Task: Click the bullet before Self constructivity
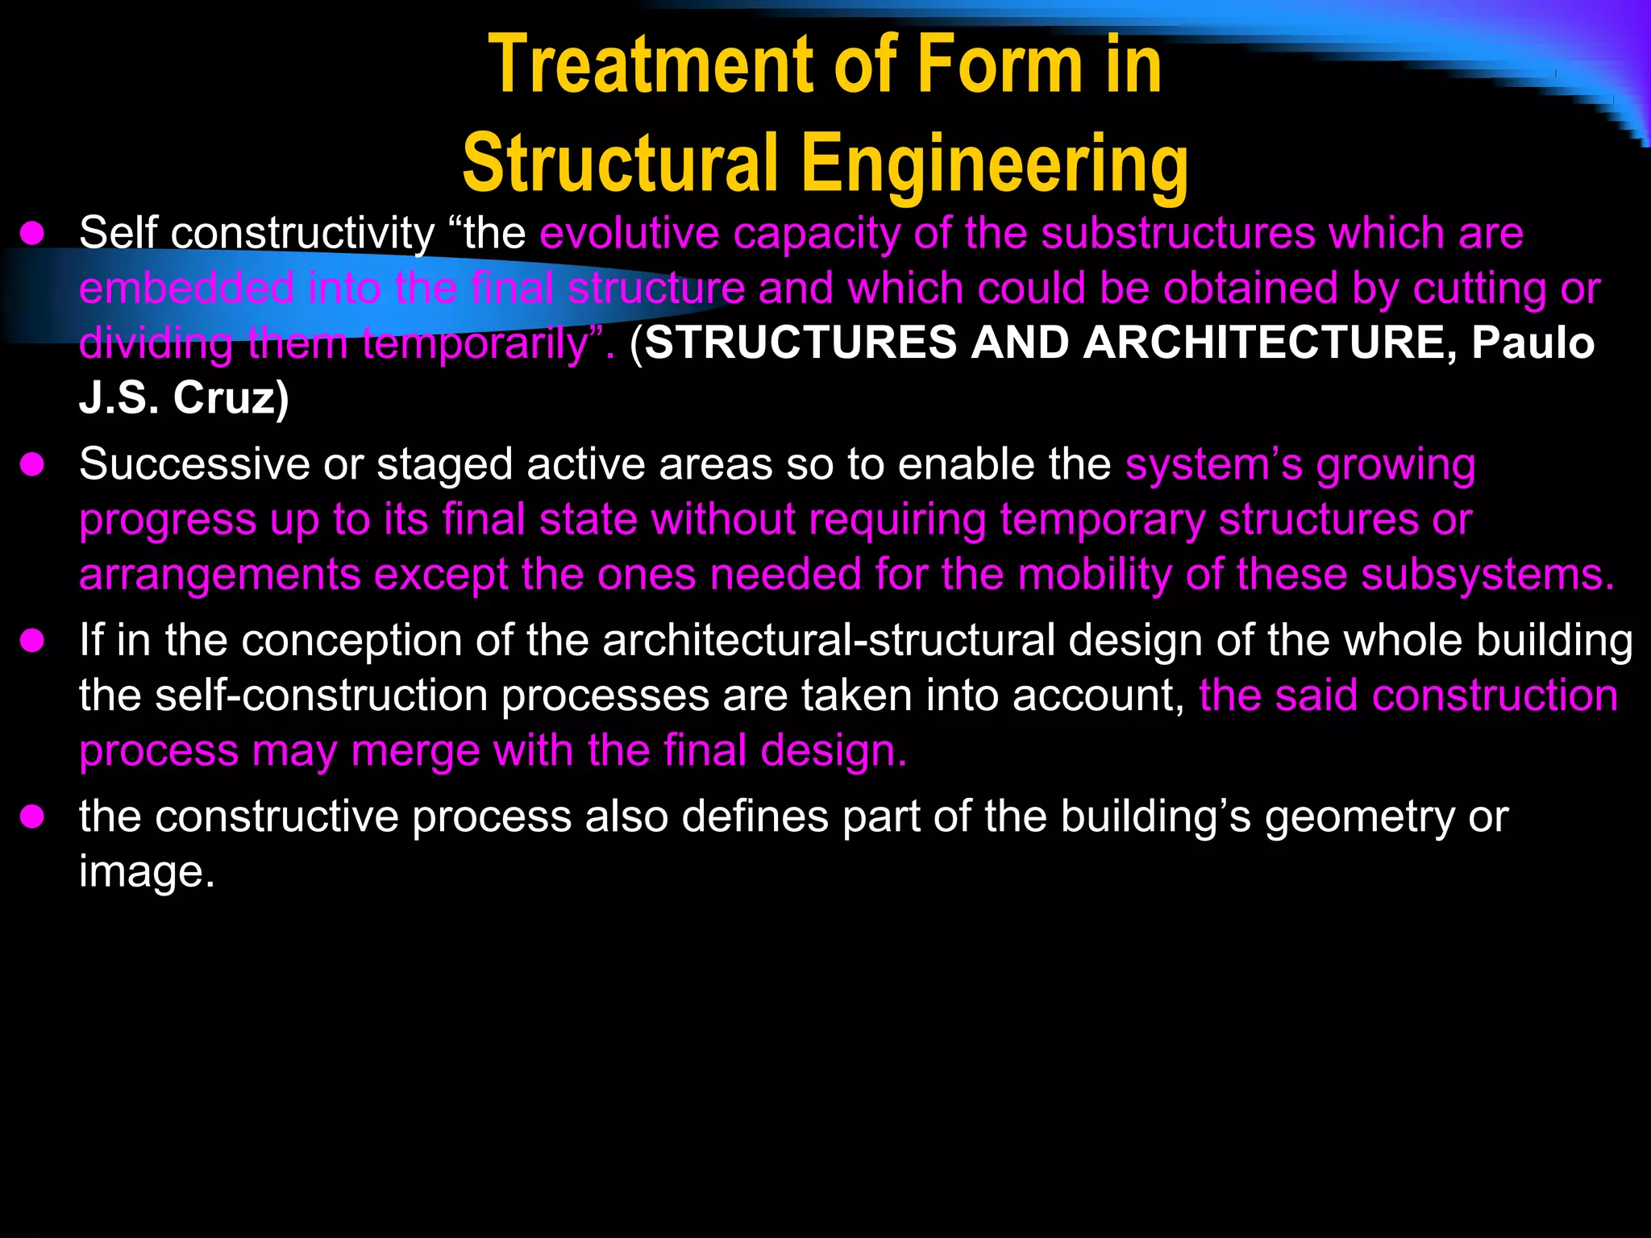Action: (32, 234)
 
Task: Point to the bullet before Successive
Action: (32, 465)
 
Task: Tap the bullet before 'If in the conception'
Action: (32, 641)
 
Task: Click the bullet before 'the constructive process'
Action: (32, 817)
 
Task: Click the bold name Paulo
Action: (1533, 343)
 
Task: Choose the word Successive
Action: (194, 465)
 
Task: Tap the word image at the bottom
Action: (146, 872)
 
